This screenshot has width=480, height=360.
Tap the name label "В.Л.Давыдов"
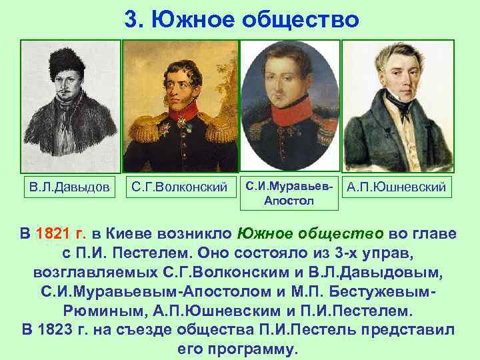pos(69,187)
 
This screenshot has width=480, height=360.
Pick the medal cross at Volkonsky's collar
pos(181,123)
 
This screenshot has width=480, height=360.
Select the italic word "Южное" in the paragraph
pos(262,234)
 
